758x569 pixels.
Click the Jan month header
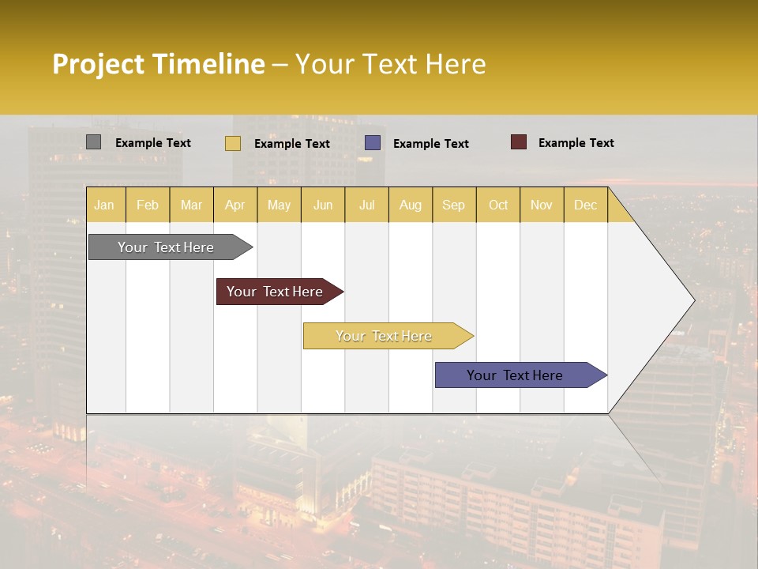(x=104, y=205)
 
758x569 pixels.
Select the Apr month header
(x=235, y=205)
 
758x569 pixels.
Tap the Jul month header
(x=366, y=205)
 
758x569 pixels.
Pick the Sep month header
(x=453, y=205)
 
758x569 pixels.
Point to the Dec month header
(x=585, y=205)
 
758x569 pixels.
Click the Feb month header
(x=148, y=205)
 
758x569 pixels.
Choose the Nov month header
(x=542, y=205)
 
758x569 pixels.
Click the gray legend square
(x=93, y=142)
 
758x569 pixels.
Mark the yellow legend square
(x=233, y=143)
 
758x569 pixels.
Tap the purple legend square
(x=373, y=142)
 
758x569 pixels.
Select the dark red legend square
(x=518, y=142)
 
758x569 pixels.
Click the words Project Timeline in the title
(x=158, y=64)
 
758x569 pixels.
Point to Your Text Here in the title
(x=390, y=64)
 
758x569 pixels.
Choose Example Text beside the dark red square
(x=576, y=143)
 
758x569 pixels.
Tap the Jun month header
(x=323, y=205)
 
